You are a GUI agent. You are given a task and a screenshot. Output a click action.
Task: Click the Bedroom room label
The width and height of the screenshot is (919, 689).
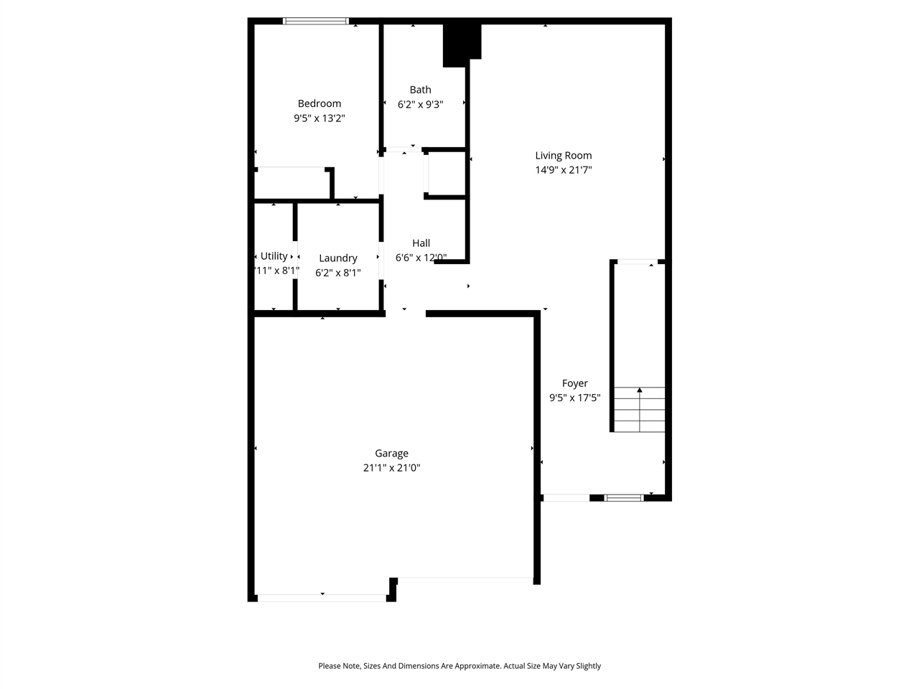pos(319,103)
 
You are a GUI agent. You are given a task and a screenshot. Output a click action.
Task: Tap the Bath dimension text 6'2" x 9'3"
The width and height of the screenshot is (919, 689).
pos(420,104)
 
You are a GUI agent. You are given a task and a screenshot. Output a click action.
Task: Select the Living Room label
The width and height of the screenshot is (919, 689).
pos(563,155)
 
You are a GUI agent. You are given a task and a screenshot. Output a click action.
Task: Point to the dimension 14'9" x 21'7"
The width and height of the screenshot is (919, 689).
pos(563,170)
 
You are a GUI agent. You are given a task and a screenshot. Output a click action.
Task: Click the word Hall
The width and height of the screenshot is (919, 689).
pos(421,243)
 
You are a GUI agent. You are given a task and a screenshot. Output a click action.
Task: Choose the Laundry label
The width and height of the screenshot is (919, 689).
pos(337,258)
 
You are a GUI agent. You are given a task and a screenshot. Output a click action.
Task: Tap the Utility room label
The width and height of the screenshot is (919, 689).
pos(274,256)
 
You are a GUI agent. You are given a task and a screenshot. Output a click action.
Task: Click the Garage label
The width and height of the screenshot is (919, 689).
pos(391,454)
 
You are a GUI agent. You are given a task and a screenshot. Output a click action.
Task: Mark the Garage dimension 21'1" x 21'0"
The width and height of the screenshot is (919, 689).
pos(391,468)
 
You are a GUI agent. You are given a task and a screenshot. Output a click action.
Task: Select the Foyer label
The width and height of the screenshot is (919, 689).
pos(574,383)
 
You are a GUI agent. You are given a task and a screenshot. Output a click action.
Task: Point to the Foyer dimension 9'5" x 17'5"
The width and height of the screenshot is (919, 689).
pos(574,398)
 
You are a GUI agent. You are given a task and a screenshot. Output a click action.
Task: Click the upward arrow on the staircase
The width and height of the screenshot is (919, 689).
pos(639,391)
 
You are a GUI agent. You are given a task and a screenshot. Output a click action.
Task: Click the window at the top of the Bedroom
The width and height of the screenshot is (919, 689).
pos(316,22)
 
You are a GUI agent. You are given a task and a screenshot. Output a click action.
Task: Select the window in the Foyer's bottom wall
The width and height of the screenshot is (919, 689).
pos(623,497)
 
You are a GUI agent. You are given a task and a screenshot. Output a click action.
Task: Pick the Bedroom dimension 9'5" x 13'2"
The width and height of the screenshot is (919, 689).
pos(319,118)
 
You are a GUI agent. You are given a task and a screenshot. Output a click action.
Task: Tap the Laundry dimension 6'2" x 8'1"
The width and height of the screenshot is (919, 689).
pos(337,273)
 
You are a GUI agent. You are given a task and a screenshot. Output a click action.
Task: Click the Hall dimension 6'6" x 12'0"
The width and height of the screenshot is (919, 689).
pos(421,258)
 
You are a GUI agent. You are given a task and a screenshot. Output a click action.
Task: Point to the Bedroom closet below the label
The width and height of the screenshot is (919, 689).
pos(291,184)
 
